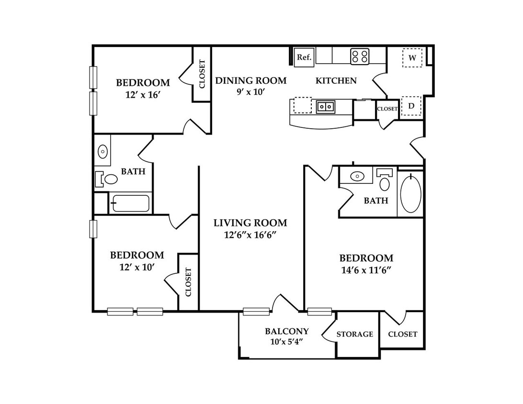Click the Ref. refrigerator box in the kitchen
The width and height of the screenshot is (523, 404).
304,57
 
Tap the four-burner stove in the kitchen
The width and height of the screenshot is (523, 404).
360,56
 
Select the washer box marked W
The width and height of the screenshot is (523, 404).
412,57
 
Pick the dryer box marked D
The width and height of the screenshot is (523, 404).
411,106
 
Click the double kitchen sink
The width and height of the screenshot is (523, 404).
326,107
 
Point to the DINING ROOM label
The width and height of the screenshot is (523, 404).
251,81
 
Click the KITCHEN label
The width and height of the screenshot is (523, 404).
336,81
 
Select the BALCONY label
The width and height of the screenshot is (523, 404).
287,331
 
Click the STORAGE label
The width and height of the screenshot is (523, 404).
354,334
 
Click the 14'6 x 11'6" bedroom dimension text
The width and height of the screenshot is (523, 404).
366,270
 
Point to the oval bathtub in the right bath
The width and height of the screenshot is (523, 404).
410,194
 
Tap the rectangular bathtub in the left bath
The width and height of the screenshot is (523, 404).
131,203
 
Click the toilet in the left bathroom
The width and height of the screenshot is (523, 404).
107,179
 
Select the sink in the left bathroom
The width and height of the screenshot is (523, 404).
102,152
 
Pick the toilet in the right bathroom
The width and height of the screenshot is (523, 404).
385,180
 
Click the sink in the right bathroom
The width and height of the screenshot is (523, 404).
357,176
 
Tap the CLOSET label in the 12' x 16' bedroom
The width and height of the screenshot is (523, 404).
202,74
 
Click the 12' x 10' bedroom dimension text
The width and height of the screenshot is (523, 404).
137,267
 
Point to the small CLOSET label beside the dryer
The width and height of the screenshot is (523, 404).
387,109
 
